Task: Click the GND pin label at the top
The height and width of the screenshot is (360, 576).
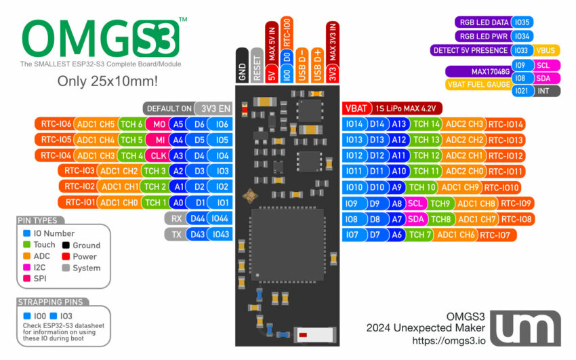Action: (x=243, y=66)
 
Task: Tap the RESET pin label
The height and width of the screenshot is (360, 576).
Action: (x=257, y=66)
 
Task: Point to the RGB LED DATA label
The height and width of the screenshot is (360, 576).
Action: (x=482, y=22)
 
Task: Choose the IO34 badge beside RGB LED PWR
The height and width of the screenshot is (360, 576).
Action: (x=522, y=36)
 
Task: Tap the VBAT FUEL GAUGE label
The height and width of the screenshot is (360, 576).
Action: (x=477, y=85)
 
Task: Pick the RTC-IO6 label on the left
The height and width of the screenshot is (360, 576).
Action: (x=56, y=124)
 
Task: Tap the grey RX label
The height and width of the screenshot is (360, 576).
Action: (x=176, y=218)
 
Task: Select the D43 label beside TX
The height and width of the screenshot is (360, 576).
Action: (x=197, y=234)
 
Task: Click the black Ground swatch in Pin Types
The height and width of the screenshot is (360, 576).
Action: (x=66, y=245)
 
